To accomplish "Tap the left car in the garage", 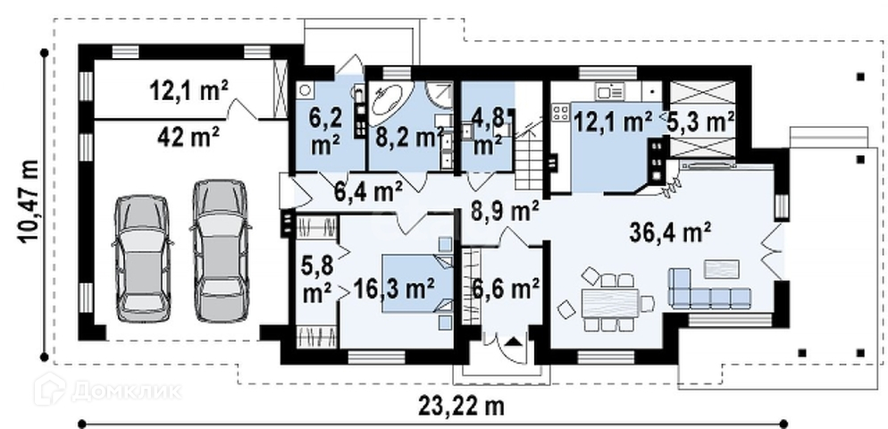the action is pyautogui.click(x=142, y=258).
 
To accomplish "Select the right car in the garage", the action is pyautogui.click(x=221, y=250).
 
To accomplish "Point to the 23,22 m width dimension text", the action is pyautogui.click(x=461, y=406).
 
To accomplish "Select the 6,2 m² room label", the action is pyautogui.click(x=325, y=132).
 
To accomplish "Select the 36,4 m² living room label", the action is pyautogui.click(x=671, y=233).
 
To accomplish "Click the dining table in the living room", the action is pyautogui.click(x=610, y=303).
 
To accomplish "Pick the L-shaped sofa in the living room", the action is pyautogui.click(x=708, y=290).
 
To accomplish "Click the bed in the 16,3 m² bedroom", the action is pyautogui.click(x=417, y=283).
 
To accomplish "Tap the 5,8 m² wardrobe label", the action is pyautogui.click(x=317, y=279).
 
